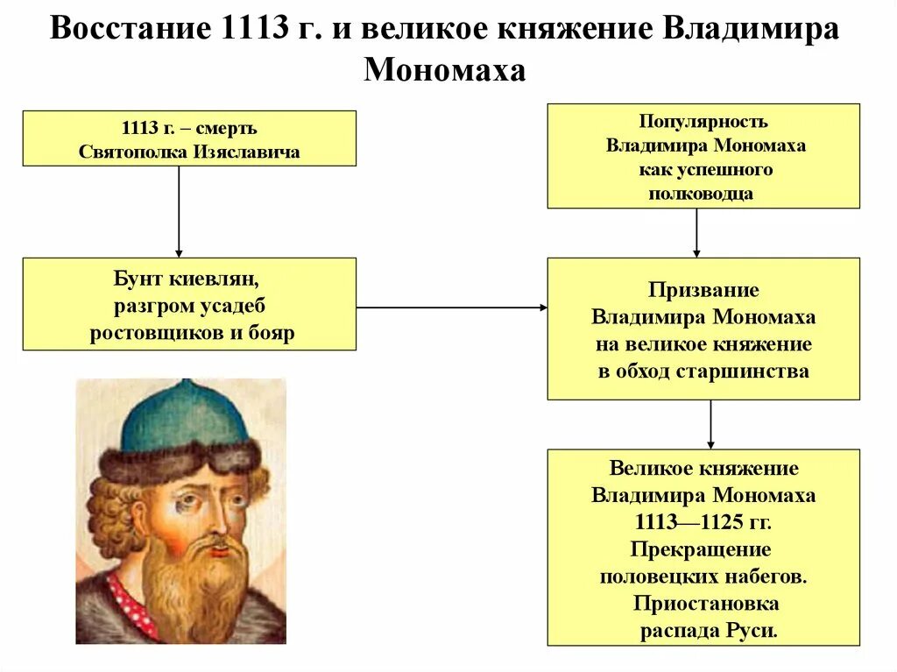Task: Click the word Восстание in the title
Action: [x=123, y=30]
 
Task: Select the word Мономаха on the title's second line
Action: [x=444, y=69]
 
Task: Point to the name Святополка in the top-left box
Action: [x=128, y=151]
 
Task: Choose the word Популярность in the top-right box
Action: [x=703, y=122]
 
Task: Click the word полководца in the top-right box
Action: [x=701, y=194]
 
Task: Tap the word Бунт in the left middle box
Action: [x=145, y=280]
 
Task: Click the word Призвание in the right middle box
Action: [x=703, y=290]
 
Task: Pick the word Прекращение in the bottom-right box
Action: [x=701, y=550]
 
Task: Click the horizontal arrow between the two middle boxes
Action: [x=451, y=308]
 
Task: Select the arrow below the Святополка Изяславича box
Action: [x=179, y=210]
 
